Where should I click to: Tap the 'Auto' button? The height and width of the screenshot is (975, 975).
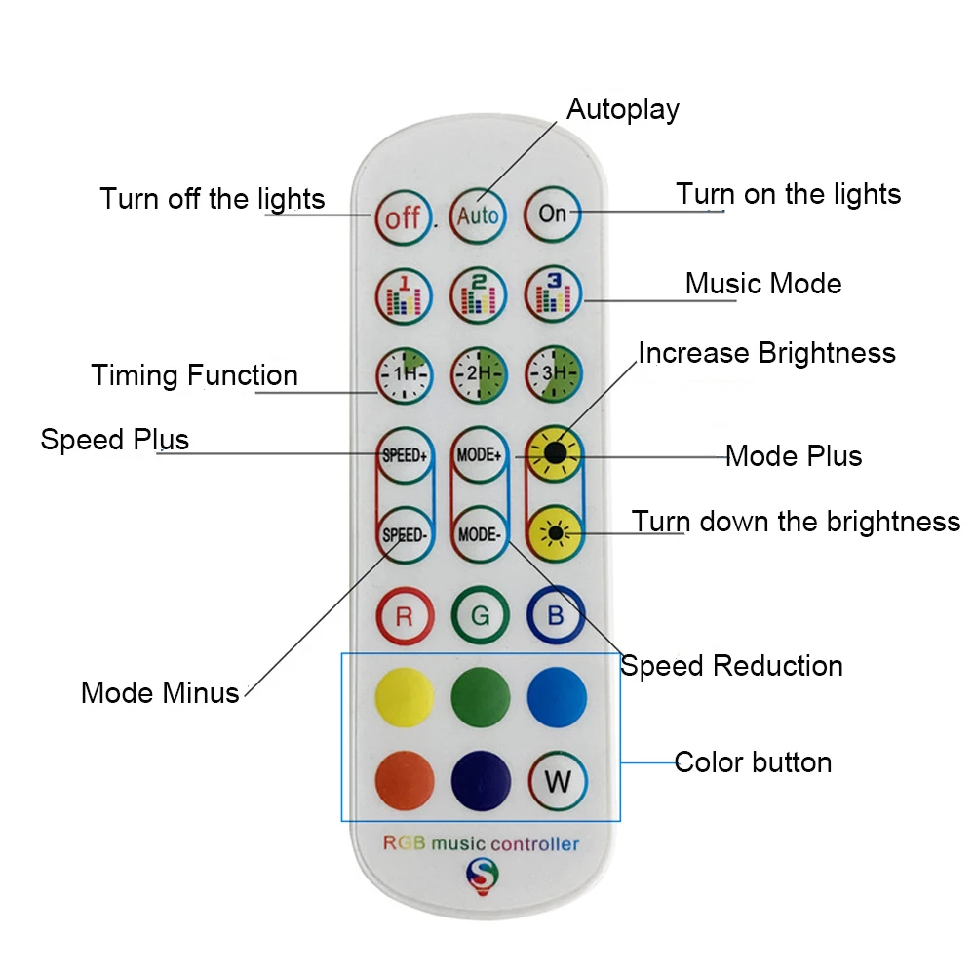click(x=478, y=214)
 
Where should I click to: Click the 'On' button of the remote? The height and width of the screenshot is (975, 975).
click(x=553, y=214)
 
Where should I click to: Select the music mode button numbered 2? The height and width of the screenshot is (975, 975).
click(x=478, y=294)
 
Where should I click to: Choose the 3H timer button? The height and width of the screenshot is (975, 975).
click(x=554, y=373)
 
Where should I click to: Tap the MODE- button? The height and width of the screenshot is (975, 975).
click(x=478, y=534)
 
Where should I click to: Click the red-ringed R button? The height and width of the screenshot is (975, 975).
click(x=404, y=616)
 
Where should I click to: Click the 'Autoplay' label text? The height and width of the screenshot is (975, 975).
click(x=623, y=109)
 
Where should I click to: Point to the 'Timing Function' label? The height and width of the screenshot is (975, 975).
click(x=195, y=375)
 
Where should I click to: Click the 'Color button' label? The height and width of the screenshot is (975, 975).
click(x=753, y=761)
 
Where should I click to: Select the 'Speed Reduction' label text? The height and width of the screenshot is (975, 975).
click(x=731, y=666)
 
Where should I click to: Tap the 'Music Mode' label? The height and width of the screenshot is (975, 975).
click(x=763, y=284)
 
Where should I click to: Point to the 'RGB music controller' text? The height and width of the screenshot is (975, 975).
click(x=481, y=843)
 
